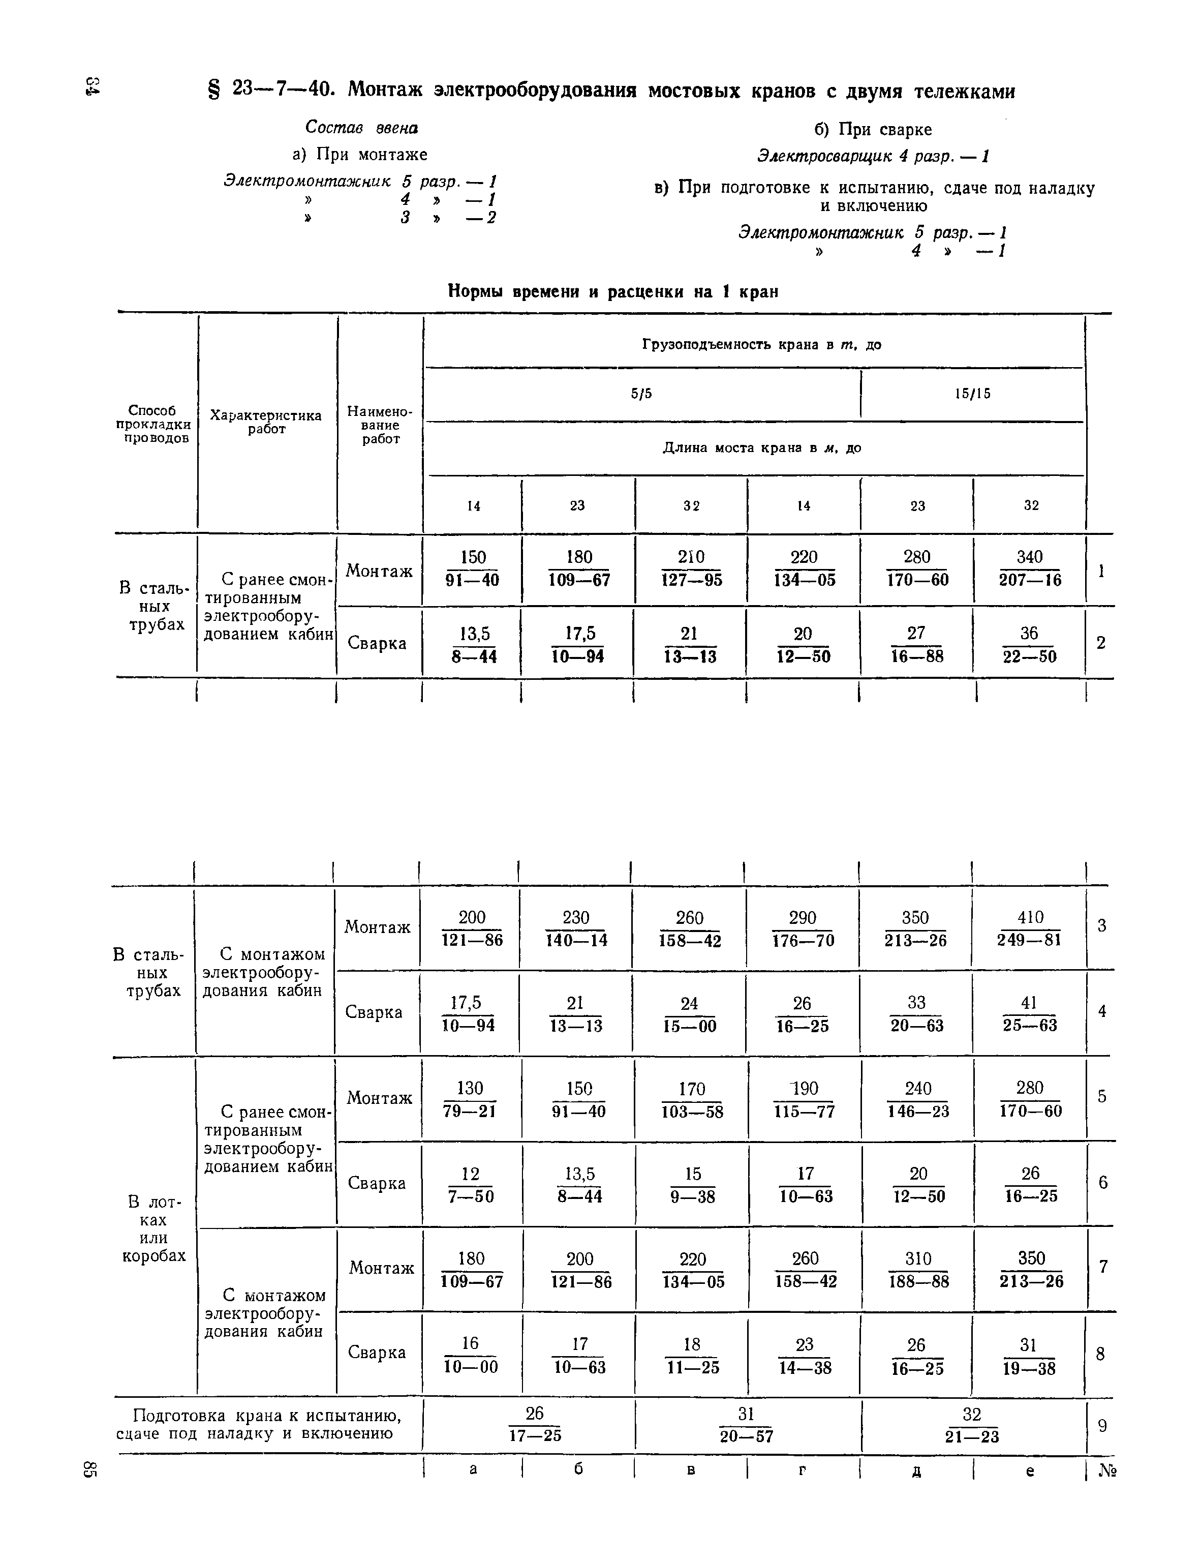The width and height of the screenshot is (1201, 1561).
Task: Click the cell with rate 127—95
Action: point(690,569)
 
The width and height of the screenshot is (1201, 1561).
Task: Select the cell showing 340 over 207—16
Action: point(1030,569)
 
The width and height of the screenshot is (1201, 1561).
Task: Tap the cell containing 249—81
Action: point(1030,928)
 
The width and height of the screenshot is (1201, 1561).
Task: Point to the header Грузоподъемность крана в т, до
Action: point(761,345)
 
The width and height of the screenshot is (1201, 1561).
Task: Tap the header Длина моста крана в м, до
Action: point(761,448)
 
